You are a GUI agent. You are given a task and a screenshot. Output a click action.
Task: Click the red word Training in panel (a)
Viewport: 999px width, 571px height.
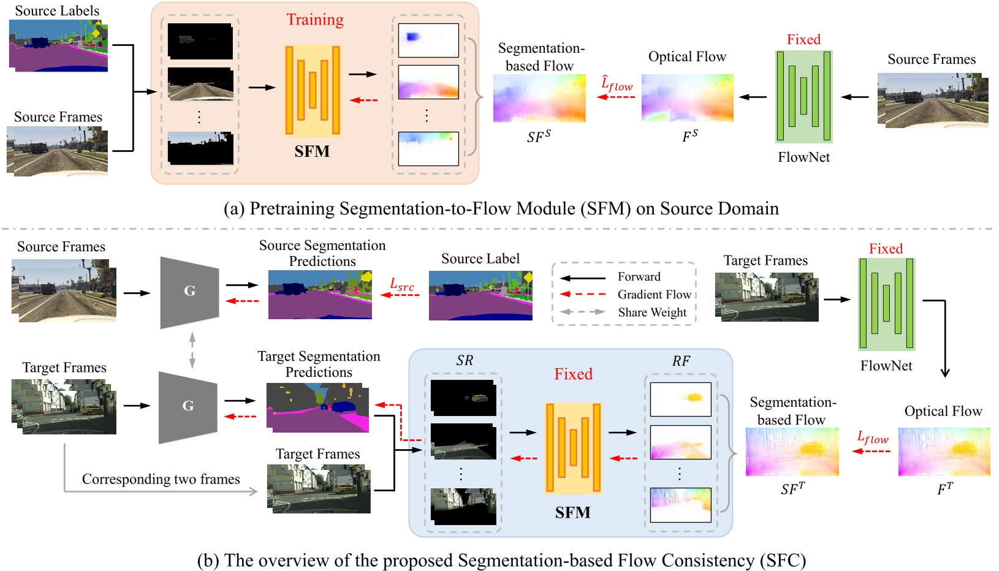(x=315, y=20)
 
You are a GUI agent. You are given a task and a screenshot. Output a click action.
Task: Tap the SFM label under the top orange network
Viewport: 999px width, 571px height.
(x=312, y=151)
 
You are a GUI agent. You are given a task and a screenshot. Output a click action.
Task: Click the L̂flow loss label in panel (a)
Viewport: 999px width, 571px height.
(x=617, y=84)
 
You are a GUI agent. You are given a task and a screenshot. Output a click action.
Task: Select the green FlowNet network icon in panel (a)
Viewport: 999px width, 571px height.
(x=803, y=96)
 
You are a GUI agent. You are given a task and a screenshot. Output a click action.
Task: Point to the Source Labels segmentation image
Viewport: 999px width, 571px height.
(x=58, y=47)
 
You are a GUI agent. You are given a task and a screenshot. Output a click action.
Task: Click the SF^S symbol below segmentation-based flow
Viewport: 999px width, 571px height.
(x=539, y=137)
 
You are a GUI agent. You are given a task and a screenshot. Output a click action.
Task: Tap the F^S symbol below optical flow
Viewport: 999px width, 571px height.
(x=690, y=137)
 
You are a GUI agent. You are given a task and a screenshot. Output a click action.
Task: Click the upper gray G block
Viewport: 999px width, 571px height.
(x=189, y=292)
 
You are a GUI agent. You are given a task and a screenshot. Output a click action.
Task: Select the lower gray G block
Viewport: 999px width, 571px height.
(x=188, y=406)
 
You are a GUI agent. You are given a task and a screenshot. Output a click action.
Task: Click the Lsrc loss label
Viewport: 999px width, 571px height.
(x=402, y=284)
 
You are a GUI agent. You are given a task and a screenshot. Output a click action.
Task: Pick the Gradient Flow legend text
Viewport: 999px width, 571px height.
(x=654, y=295)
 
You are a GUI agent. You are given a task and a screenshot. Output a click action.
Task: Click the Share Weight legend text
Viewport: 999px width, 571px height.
(x=652, y=312)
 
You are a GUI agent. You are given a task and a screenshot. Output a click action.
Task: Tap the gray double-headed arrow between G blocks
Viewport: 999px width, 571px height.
(x=192, y=350)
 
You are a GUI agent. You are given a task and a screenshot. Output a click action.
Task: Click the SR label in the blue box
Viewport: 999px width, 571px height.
(x=465, y=361)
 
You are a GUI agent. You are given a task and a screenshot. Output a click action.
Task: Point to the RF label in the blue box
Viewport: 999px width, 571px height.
(x=681, y=361)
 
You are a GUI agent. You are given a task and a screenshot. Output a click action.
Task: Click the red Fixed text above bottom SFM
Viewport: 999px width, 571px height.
(x=573, y=374)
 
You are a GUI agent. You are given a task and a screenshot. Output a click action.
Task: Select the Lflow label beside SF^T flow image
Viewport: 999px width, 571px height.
(x=872, y=438)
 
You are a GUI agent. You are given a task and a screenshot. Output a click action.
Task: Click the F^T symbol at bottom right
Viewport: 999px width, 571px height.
(x=945, y=489)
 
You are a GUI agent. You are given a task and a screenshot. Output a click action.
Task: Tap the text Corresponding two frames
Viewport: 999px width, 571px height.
(x=161, y=479)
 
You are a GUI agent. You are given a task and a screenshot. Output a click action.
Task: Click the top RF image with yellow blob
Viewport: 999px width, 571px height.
(x=680, y=399)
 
